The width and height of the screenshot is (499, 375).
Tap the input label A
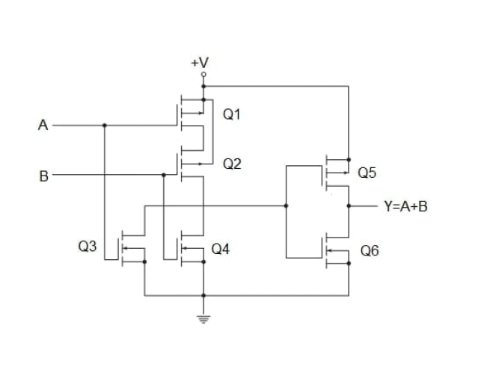click(43, 125)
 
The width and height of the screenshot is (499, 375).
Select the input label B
click(43, 177)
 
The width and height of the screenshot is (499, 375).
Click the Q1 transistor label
click(232, 114)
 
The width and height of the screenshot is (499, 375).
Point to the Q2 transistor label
click(232, 164)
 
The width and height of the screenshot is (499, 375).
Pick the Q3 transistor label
click(88, 246)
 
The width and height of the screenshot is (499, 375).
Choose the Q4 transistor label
click(220, 249)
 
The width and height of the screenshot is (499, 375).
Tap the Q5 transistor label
click(367, 173)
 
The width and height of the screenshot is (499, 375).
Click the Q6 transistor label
click(370, 251)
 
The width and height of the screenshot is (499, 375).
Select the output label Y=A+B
click(405, 206)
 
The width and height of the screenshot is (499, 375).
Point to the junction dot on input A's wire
click(104, 125)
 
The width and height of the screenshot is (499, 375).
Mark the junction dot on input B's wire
click(164, 176)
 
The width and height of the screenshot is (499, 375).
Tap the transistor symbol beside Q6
click(334, 250)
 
